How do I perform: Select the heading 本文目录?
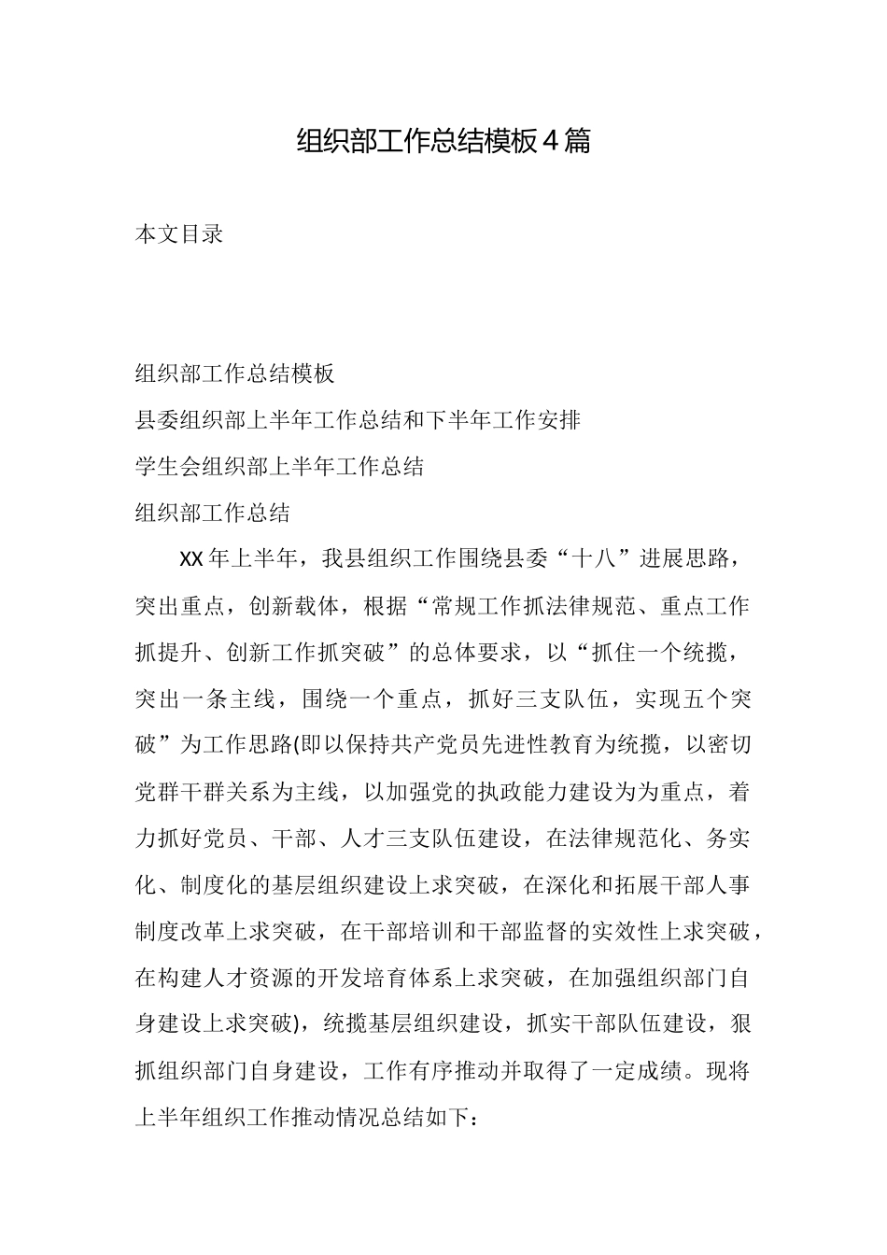[179, 234]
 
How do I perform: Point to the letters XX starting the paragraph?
[190, 559]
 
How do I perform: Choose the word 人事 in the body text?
[726, 886]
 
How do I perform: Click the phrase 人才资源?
[248, 979]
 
